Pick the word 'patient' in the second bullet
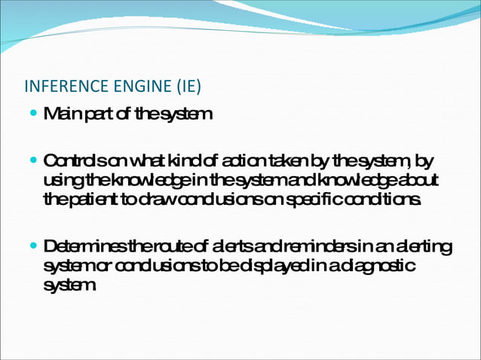click(x=90, y=199)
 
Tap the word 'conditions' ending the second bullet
click(x=390, y=199)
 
